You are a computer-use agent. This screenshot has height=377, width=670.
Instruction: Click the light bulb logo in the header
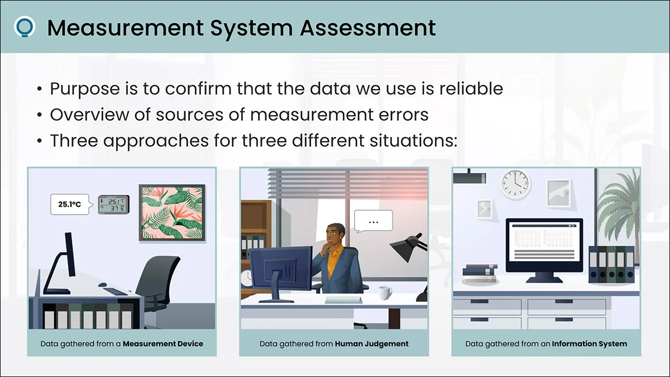click(25, 27)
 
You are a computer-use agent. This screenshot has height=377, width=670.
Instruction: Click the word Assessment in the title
click(367, 28)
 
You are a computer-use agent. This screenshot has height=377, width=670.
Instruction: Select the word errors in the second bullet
click(401, 114)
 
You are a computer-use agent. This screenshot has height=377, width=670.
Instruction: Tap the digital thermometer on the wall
click(114, 204)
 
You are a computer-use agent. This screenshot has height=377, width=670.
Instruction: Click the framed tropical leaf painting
click(172, 213)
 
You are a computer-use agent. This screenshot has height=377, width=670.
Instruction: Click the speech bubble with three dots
click(373, 221)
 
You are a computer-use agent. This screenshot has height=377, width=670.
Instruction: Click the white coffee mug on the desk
click(385, 293)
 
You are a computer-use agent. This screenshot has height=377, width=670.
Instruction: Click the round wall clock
click(516, 184)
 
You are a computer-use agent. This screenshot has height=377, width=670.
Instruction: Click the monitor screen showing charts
click(544, 245)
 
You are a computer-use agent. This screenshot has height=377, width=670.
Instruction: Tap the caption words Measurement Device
click(162, 344)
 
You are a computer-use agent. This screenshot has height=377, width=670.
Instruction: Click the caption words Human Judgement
click(371, 344)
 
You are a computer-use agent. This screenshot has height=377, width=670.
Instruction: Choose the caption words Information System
click(589, 344)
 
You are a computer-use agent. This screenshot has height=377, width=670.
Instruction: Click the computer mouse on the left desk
click(102, 285)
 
